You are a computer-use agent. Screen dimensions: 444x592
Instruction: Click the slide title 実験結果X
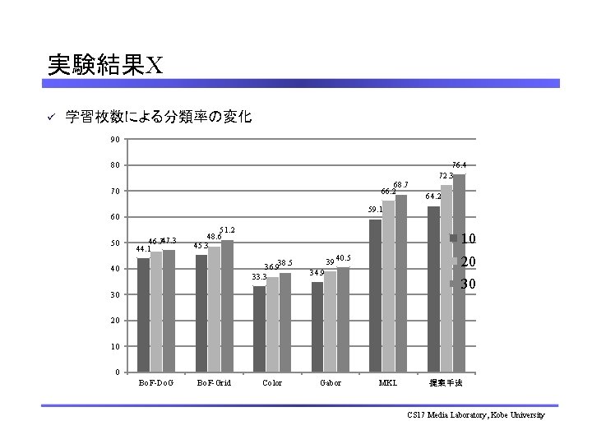click(104, 64)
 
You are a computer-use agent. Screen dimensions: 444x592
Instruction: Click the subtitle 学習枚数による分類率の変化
click(159, 117)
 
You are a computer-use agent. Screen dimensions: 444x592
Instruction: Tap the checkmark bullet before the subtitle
click(49, 118)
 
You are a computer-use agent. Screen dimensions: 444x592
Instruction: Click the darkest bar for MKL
click(375, 295)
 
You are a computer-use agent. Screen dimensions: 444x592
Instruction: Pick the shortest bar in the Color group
click(259, 329)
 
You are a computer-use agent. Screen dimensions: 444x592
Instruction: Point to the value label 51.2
click(228, 230)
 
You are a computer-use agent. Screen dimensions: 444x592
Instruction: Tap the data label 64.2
click(433, 197)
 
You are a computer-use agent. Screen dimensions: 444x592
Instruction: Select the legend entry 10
click(465, 239)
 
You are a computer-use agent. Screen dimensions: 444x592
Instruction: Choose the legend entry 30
click(465, 284)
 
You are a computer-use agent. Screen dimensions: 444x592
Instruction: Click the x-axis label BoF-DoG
click(155, 383)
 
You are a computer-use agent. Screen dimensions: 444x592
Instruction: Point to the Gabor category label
click(330, 383)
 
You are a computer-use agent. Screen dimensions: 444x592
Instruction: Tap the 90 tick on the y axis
click(114, 139)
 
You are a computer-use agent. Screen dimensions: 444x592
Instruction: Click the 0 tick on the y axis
click(117, 372)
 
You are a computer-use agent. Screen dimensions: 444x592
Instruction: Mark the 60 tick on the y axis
click(114, 217)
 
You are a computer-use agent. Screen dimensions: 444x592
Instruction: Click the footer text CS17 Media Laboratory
click(475, 415)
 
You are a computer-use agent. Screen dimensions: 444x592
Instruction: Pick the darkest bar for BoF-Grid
click(201, 313)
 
